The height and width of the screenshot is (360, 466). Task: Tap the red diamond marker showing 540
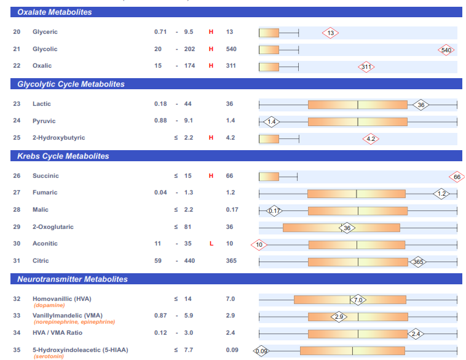click(446, 50)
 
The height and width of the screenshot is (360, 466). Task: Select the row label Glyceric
click(45, 32)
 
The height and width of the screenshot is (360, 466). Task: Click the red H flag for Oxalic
click(211, 66)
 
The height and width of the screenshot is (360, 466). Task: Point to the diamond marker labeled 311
click(366, 67)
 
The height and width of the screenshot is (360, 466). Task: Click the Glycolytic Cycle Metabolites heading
click(71, 84)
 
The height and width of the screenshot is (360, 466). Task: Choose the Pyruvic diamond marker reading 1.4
click(271, 121)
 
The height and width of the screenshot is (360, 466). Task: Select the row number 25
click(17, 138)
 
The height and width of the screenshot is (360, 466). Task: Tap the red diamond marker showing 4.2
click(371, 139)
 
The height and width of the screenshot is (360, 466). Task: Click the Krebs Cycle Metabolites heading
click(63, 156)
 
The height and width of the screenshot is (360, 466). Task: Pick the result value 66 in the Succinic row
click(230, 176)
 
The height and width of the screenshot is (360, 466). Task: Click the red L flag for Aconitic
click(211, 244)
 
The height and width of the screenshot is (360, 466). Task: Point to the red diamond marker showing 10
click(259, 245)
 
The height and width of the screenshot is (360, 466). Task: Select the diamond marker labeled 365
click(418, 262)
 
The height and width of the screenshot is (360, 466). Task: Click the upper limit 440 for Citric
click(189, 261)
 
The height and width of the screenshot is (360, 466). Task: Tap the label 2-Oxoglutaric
click(53, 227)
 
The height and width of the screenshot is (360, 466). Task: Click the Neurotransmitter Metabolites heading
click(72, 279)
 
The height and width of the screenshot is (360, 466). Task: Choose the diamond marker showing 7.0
click(358, 300)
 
